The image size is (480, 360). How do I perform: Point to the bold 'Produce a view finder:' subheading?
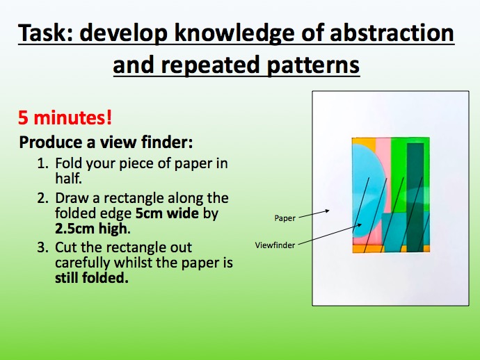click(106, 142)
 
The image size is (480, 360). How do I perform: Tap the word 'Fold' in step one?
click(68, 164)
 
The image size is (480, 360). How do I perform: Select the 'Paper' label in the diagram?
click(285, 218)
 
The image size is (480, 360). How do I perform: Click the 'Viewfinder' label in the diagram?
click(273, 245)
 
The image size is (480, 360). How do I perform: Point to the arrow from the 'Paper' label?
click(316, 213)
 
